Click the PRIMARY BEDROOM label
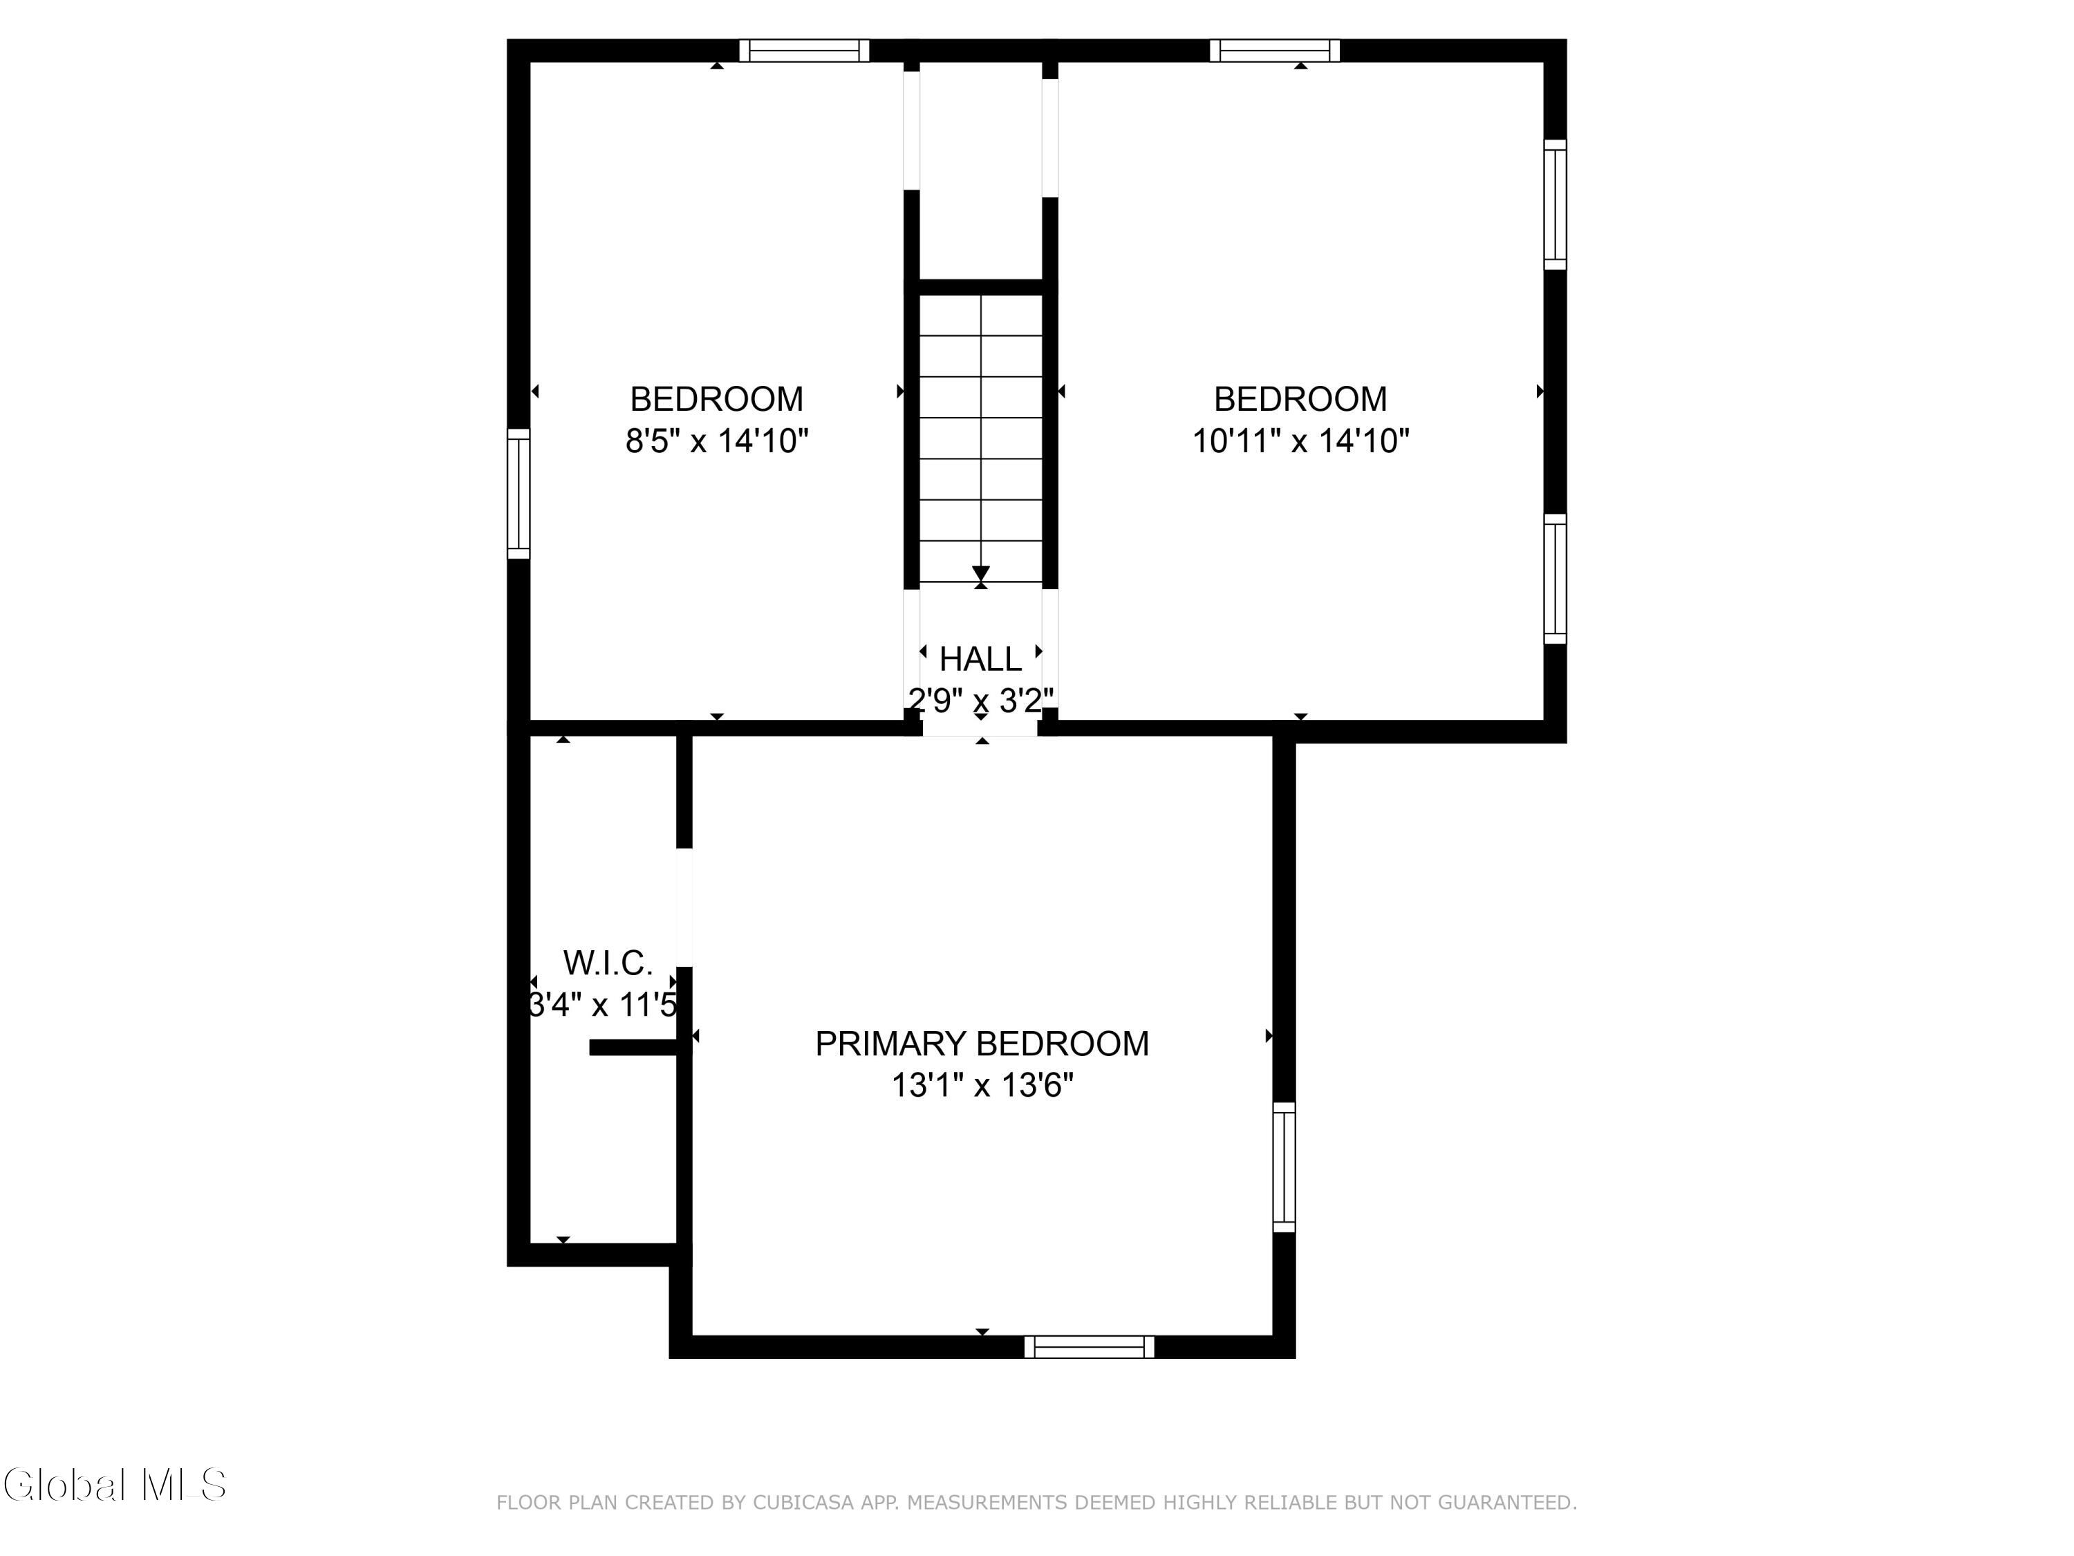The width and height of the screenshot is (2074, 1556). [x=982, y=1044]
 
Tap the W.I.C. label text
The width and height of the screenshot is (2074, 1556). [x=608, y=963]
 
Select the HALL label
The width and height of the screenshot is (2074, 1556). [x=981, y=659]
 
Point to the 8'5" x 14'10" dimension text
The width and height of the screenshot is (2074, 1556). [x=718, y=441]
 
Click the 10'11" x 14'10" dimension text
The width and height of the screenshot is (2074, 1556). [x=1300, y=441]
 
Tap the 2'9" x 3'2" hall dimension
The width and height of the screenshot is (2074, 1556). [x=981, y=701]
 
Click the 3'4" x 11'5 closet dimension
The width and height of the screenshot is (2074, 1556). [x=604, y=1006]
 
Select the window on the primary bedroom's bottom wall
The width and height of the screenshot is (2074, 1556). [x=1090, y=1347]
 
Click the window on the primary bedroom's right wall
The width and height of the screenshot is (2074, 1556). [x=1284, y=1167]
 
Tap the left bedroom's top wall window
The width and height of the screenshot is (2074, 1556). [x=805, y=50]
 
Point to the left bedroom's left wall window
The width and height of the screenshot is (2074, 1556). [x=518, y=493]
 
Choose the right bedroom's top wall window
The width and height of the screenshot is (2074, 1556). [x=1275, y=50]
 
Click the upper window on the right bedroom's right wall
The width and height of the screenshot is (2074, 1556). [x=1555, y=205]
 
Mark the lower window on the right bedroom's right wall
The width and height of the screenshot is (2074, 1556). [x=1555, y=579]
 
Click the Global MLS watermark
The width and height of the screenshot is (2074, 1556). [x=114, y=1485]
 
